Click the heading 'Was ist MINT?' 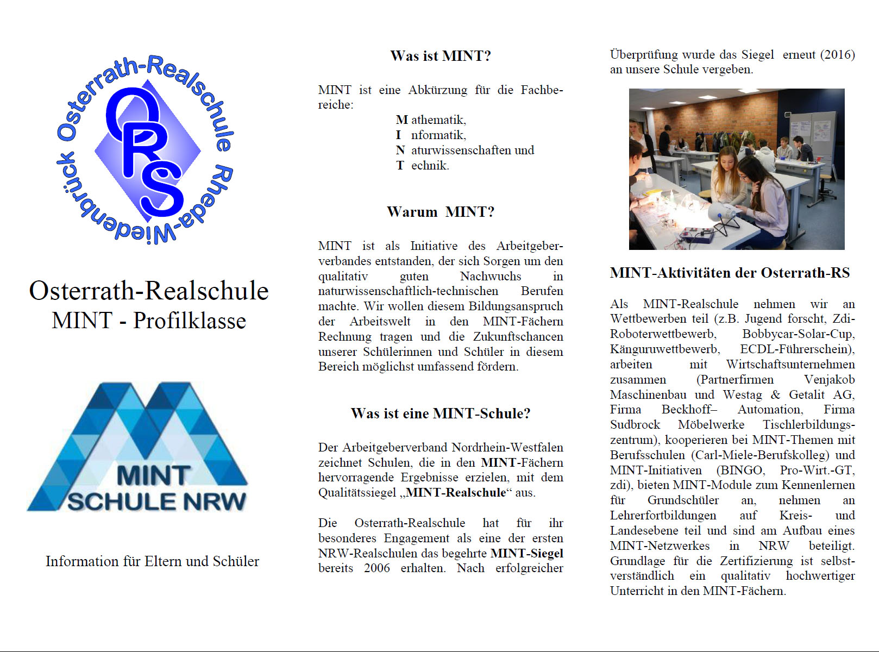(440, 56)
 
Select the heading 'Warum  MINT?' (440, 212)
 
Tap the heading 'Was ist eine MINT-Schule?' (440, 413)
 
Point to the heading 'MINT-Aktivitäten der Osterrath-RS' (730, 273)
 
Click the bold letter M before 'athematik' (401, 120)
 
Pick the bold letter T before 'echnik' (400, 165)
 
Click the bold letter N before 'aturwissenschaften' (400, 150)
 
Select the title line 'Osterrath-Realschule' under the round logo (149, 291)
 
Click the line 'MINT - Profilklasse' (149, 321)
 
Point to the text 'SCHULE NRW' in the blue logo (156, 501)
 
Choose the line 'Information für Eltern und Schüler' (152, 561)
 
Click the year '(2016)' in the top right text (837, 54)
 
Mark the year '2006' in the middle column (377, 568)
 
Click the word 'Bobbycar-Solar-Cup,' (798, 334)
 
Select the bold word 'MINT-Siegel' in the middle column (526, 553)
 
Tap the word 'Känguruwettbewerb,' (665, 349)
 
